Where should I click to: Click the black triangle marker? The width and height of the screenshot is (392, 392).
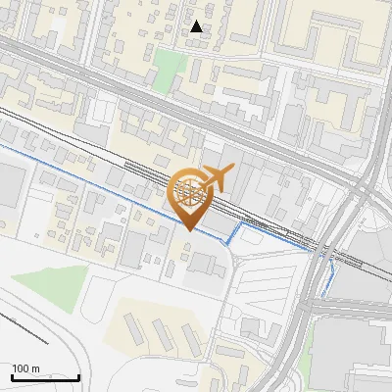(197, 26)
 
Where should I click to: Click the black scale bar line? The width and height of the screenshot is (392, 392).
(45, 377)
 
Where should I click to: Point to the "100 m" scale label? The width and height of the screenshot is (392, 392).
(25, 368)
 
